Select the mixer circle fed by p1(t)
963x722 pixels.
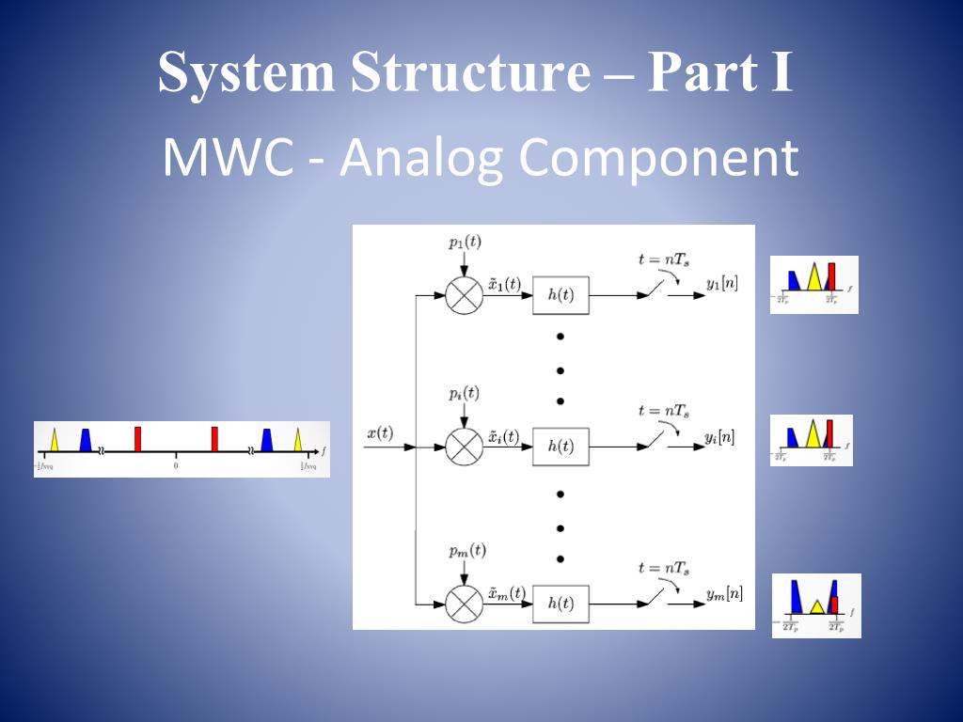[463, 295]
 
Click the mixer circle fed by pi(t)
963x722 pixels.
[463, 447]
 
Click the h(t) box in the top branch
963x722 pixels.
[560, 295]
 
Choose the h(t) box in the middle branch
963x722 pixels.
[560, 447]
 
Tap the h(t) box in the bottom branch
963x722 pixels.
[560, 604]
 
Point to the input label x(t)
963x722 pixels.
[380, 432]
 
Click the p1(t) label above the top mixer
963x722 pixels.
[465, 243]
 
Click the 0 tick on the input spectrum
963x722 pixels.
[176, 465]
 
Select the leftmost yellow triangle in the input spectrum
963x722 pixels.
[55, 440]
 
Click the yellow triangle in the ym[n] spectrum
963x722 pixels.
[817, 605]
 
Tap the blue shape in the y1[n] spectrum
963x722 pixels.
[793, 279]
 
